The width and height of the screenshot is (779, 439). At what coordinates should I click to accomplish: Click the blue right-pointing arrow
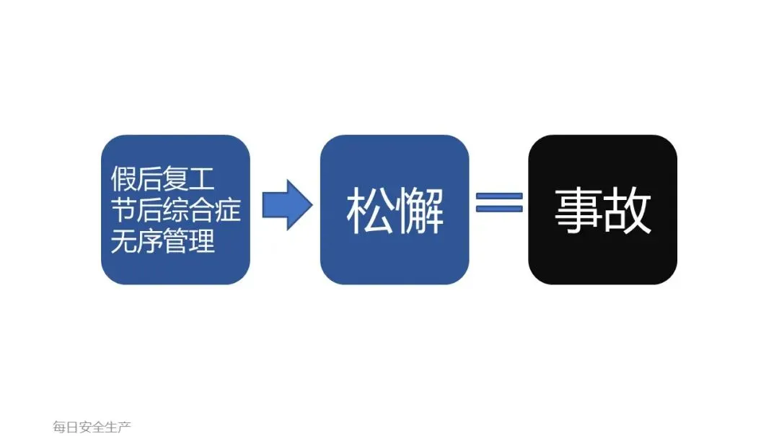pos(286,204)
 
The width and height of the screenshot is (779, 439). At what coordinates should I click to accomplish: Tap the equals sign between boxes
pos(499,202)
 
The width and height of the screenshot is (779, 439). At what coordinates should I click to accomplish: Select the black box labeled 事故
pos(602,209)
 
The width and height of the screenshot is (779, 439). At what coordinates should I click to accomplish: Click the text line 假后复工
pos(162,178)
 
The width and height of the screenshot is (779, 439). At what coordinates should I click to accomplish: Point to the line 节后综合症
pos(175,209)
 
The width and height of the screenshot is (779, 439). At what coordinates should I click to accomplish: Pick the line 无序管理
pos(162,241)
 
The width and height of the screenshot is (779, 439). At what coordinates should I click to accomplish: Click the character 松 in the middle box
pos(370,211)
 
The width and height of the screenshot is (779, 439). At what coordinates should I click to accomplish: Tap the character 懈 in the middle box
pos(420,211)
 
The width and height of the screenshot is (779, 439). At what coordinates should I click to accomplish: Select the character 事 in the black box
pos(578,211)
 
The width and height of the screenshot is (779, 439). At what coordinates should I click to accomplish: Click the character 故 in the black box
pos(628,211)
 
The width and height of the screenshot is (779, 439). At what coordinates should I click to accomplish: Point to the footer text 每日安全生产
pos(92,427)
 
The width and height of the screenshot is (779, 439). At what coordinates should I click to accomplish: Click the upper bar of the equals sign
pos(499,195)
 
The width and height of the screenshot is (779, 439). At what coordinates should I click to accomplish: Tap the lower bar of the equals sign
pos(499,209)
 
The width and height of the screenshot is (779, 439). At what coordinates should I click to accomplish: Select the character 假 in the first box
pos(123,178)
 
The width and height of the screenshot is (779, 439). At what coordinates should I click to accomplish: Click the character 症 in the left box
pos(228,209)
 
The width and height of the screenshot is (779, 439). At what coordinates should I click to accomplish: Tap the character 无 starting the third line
pos(123,241)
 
